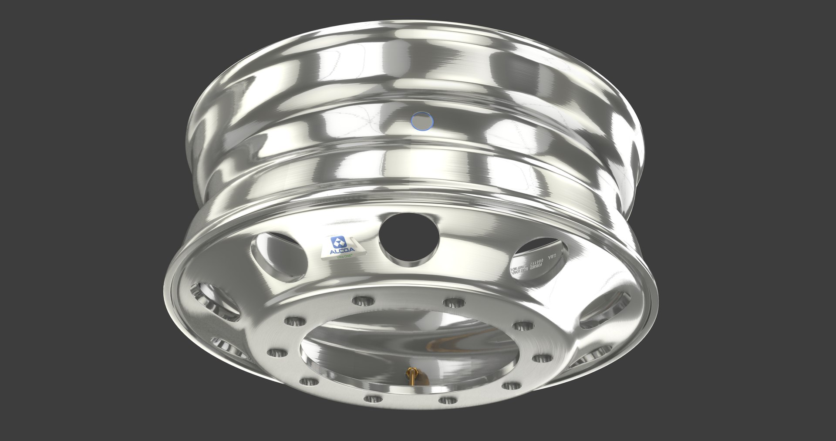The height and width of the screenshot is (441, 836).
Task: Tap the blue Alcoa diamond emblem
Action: click(x=338, y=242)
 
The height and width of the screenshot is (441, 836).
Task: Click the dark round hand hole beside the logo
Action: click(x=408, y=237)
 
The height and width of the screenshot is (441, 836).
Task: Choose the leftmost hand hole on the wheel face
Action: click(x=216, y=301)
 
